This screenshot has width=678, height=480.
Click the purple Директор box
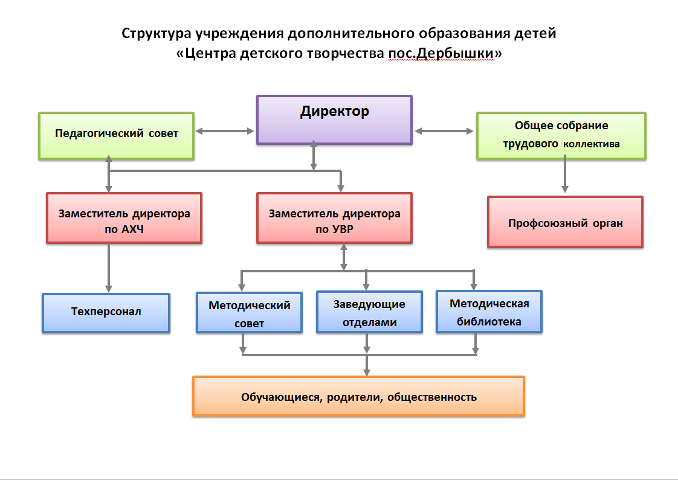coord(334,120)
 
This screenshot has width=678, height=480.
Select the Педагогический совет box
coord(117,135)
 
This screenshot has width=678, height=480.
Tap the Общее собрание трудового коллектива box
coord(561,135)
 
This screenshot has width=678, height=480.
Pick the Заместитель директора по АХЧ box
coord(124,218)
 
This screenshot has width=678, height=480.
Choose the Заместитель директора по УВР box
coord(334,218)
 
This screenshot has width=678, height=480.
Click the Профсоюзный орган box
coord(565,222)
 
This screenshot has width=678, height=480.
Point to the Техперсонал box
coord(106,313)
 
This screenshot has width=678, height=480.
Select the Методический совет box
coord(249,313)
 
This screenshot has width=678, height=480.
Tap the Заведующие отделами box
coord(369,312)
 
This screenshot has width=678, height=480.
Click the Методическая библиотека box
coord(489,312)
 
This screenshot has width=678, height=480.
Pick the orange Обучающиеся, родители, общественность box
coord(358,396)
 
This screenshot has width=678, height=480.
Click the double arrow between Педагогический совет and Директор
coord(225,130)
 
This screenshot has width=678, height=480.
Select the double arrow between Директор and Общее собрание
coord(444,130)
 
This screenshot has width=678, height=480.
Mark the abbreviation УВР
coord(338,229)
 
